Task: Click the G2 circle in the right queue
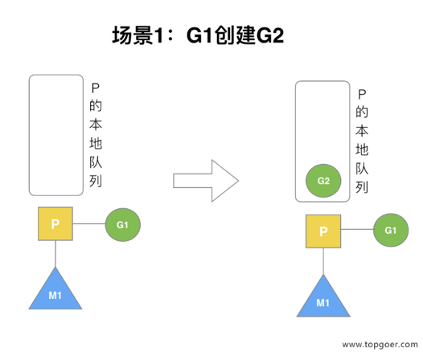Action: [x=323, y=181]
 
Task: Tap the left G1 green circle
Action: [x=123, y=225]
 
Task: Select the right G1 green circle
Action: [x=391, y=230]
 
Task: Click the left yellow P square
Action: [x=55, y=223]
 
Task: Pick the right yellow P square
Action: [x=323, y=231]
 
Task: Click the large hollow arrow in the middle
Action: [x=206, y=181]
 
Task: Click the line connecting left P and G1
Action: [x=89, y=223]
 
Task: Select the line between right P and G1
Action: [x=357, y=230]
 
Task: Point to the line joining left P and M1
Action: [x=55, y=254]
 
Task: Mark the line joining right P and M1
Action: [x=323, y=261]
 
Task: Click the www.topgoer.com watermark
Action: [x=380, y=345]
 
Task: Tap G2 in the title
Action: [x=269, y=35]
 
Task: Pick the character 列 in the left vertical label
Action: [x=96, y=181]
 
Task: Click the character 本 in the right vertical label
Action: [x=362, y=130]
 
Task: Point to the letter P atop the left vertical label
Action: [x=96, y=88]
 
